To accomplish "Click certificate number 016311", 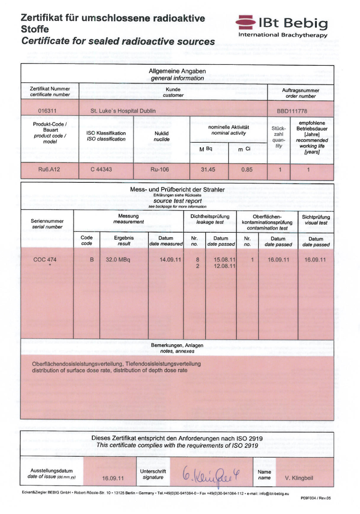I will [47, 110].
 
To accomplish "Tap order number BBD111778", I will [292, 110].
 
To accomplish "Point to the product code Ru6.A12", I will [47, 170].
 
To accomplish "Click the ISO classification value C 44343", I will [106, 170].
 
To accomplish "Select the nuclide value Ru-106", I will [161, 170].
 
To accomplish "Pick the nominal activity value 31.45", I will [208, 170].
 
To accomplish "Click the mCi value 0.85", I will [247, 170].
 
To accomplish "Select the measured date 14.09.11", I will [171, 260].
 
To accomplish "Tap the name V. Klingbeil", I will [299, 478].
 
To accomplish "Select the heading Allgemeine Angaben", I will [177, 71].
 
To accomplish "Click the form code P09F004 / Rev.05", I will [315, 498].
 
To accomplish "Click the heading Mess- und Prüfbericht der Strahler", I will [177, 189].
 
